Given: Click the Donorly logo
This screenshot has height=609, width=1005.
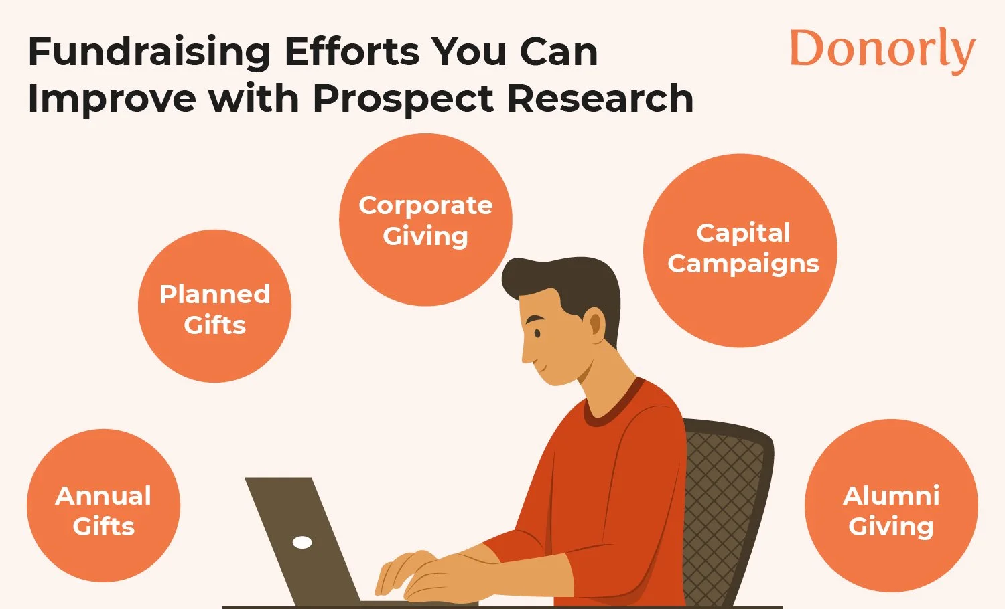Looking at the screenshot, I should [x=882, y=50].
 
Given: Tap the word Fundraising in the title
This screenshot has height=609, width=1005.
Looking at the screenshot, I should [x=149, y=52].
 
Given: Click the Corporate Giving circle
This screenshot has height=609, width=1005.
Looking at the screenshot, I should [x=425, y=220].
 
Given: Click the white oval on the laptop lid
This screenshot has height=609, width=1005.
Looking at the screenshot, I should [x=302, y=542].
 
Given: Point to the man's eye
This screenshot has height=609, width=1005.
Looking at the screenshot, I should [x=537, y=333].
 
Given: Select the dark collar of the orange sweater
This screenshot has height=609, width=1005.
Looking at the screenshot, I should [x=616, y=408].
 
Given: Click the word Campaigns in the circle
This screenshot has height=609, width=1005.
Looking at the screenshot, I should [x=743, y=264].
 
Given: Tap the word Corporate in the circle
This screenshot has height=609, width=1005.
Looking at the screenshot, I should [x=425, y=205].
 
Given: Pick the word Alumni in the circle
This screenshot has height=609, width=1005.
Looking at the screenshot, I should [x=891, y=496].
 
